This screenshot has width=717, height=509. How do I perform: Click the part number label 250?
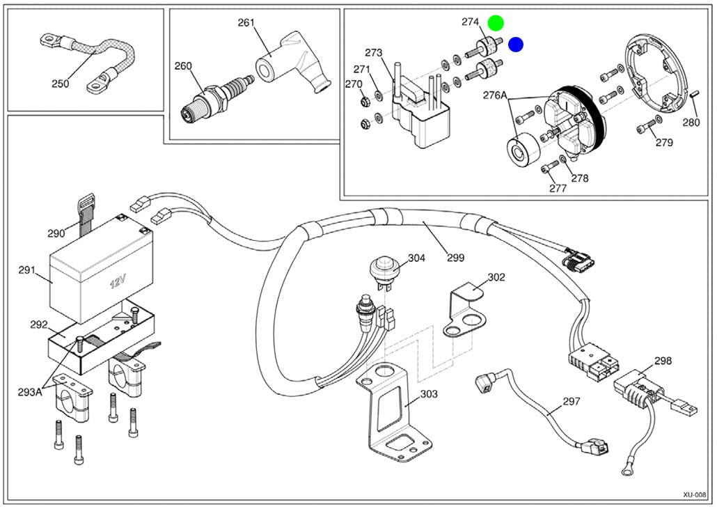(x=60, y=84)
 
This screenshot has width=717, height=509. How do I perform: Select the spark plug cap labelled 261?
(x=292, y=62)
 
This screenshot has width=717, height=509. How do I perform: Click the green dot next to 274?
(x=496, y=22)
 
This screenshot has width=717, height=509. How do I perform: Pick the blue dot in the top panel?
(x=516, y=45)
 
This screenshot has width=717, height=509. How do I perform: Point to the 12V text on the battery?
(x=118, y=282)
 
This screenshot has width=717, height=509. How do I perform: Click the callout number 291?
(x=27, y=270)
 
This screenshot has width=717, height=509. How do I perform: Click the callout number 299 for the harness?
(x=455, y=258)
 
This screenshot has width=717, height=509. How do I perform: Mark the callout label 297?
(x=571, y=402)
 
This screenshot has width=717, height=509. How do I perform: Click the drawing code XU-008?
(x=695, y=495)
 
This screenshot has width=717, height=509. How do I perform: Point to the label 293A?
(x=30, y=392)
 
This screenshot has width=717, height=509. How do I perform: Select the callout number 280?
(x=691, y=123)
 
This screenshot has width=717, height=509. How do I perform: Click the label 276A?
(x=495, y=95)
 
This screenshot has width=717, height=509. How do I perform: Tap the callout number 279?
(x=664, y=143)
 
